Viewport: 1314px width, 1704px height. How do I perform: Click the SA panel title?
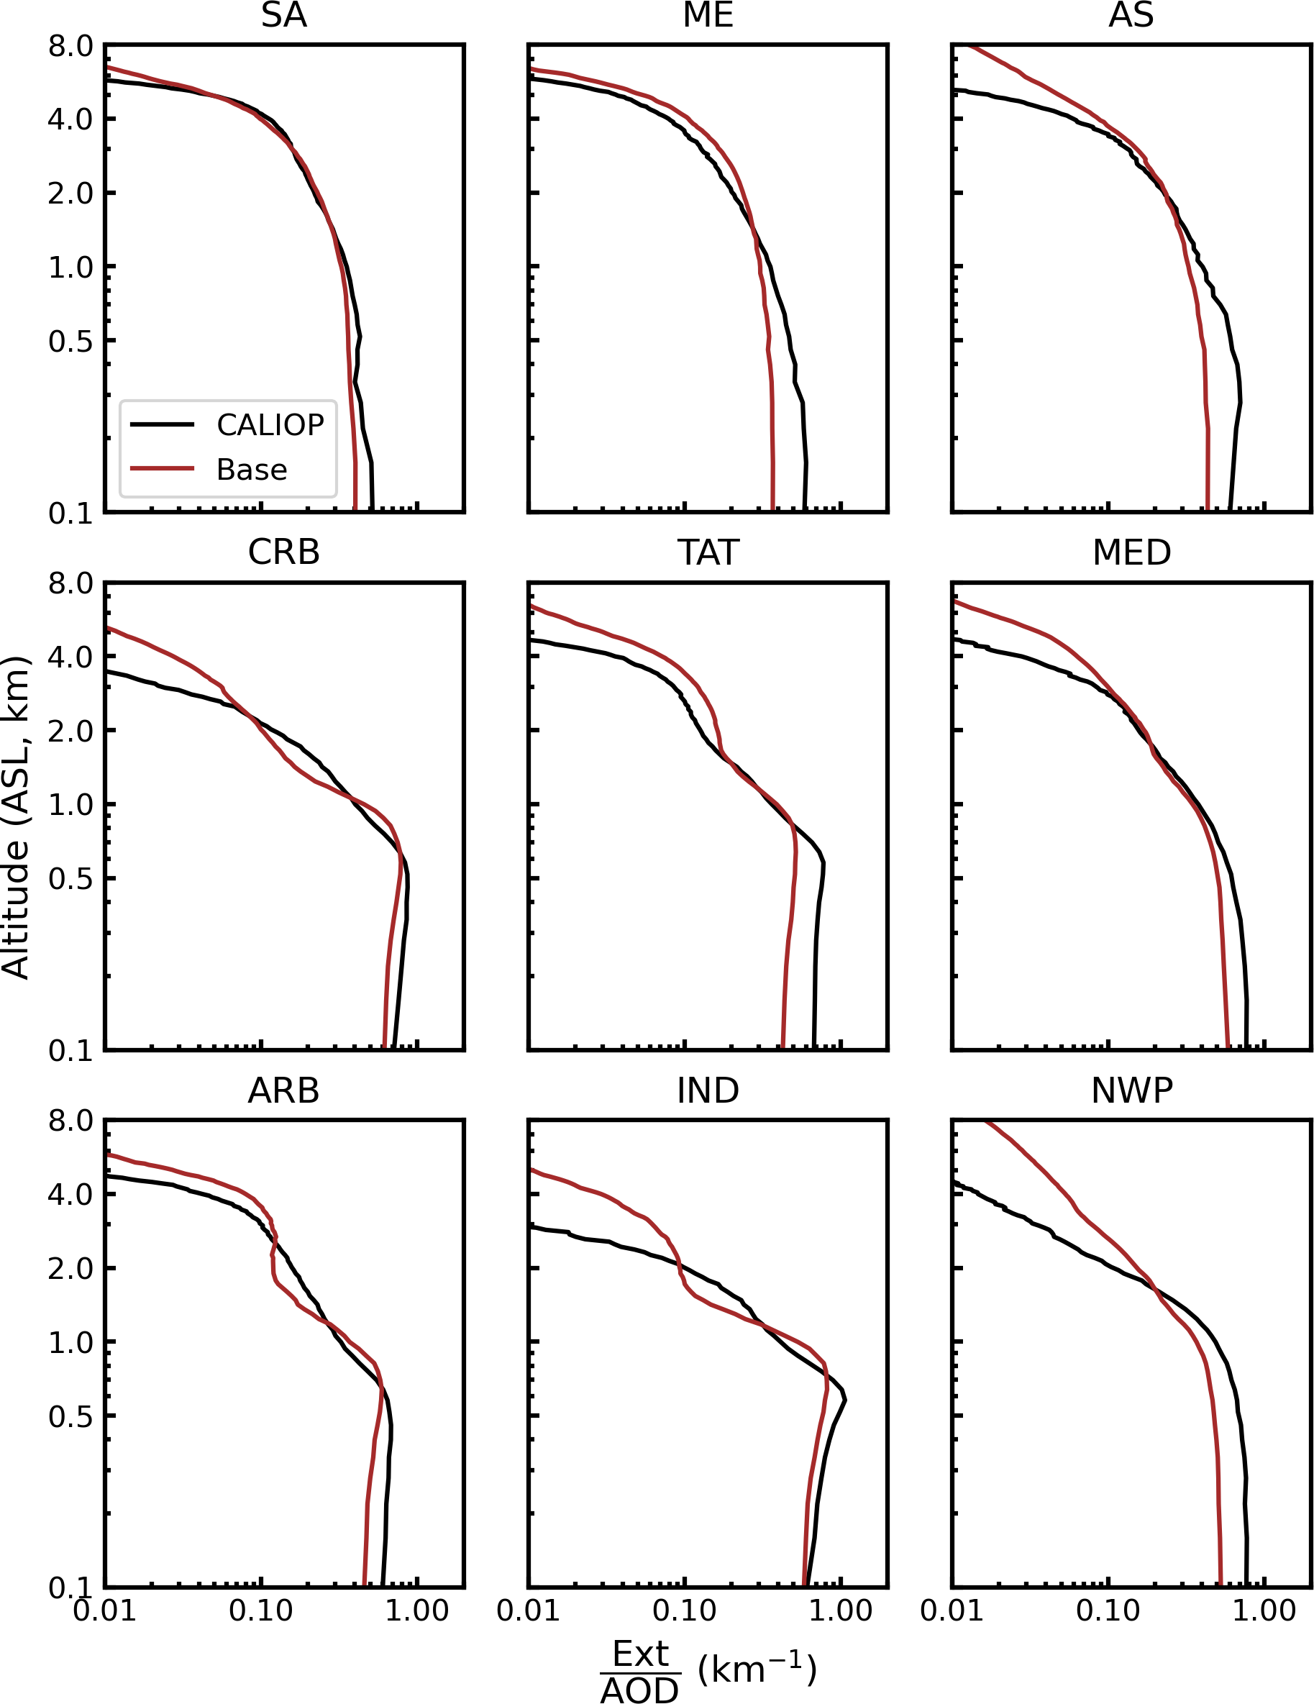pyautogui.click(x=284, y=16)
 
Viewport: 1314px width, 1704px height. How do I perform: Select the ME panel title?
pyautogui.click(x=708, y=16)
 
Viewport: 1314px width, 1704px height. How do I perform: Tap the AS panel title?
pyautogui.click(x=1131, y=16)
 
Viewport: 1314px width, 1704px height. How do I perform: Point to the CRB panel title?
pyautogui.click(x=284, y=552)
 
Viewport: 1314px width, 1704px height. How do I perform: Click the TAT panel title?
pyautogui.click(x=708, y=552)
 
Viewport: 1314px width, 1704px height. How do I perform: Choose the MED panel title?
pyautogui.click(x=1131, y=552)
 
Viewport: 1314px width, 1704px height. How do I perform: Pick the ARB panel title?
pyautogui.click(x=284, y=1090)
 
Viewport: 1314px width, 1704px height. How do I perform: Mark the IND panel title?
pyautogui.click(x=708, y=1090)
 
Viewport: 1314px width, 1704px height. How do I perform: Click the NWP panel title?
pyautogui.click(x=1131, y=1090)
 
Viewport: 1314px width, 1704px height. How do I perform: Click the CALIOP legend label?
pyautogui.click(x=270, y=424)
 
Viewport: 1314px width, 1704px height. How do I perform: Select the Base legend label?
pyautogui.click(x=251, y=470)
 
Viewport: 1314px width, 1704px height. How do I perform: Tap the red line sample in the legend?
pyautogui.click(x=163, y=469)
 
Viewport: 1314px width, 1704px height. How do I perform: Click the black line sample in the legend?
pyautogui.click(x=163, y=424)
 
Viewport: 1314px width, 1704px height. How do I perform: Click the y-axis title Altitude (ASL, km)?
pyautogui.click(x=16, y=818)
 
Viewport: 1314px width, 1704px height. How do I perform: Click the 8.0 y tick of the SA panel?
pyautogui.click(x=70, y=47)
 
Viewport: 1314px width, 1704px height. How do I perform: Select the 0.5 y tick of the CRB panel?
pyautogui.click(x=70, y=879)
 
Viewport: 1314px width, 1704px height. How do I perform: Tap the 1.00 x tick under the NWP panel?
pyautogui.click(x=1263, y=1610)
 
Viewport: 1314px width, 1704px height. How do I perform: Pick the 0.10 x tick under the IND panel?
pyautogui.click(x=684, y=1610)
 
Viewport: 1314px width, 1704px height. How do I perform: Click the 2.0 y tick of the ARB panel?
pyautogui.click(x=70, y=1269)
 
